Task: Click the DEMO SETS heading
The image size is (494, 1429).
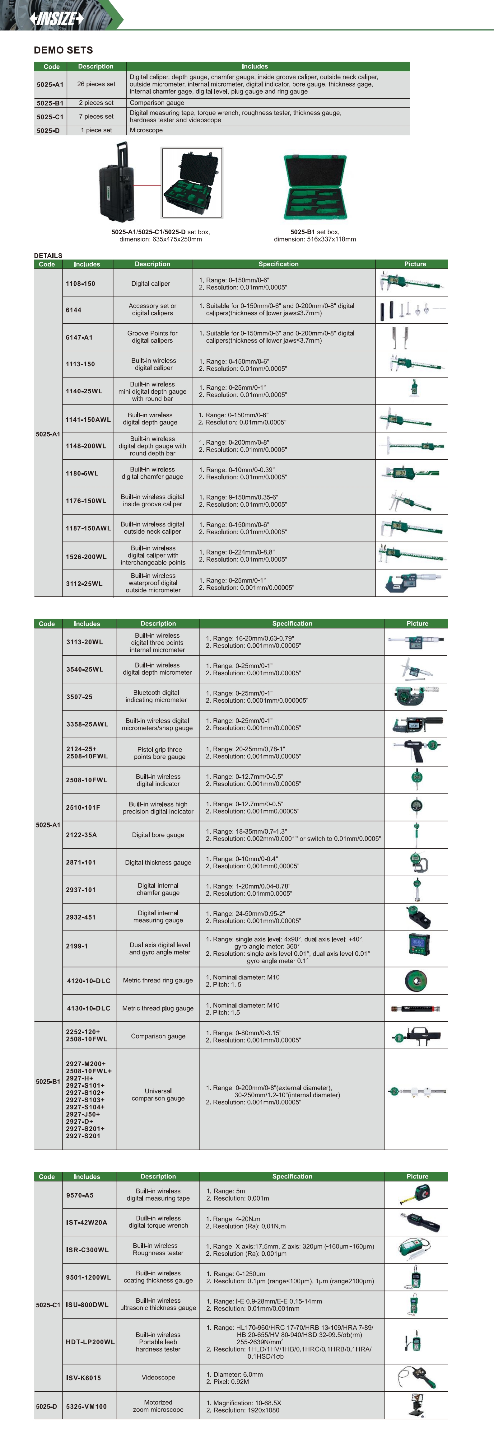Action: tap(63, 50)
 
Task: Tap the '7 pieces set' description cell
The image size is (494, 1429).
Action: tap(96, 116)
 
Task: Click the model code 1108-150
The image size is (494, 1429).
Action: tap(80, 283)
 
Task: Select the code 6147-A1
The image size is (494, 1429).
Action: tap(79, 337)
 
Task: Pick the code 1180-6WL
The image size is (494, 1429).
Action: tap(82, 474)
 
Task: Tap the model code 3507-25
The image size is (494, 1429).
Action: tap(79, 697)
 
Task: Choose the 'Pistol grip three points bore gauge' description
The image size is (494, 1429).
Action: tap(158, 753)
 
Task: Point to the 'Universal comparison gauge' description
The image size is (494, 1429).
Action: tap(158, 1094)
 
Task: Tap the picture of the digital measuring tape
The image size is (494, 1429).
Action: tap(416, 1194)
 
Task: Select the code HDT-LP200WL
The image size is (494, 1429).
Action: tap(90, 1342)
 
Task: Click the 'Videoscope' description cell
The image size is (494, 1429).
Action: tap(158, 1377)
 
